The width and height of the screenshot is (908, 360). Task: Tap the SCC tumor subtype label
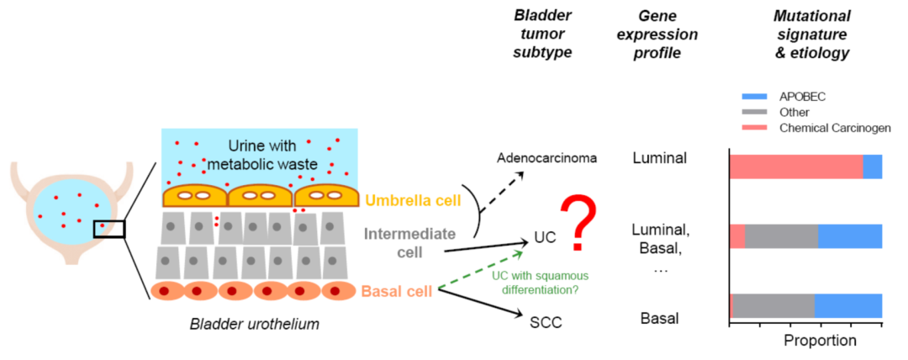[544, 322]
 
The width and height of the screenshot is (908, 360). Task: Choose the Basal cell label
[396, 292]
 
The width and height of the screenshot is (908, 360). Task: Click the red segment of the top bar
[795, 167]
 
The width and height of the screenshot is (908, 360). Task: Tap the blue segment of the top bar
[872, 167]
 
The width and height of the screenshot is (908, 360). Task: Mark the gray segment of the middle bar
[781, 236]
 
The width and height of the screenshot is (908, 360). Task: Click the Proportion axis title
[820, 341]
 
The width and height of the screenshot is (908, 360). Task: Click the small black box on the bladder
[109, 228]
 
